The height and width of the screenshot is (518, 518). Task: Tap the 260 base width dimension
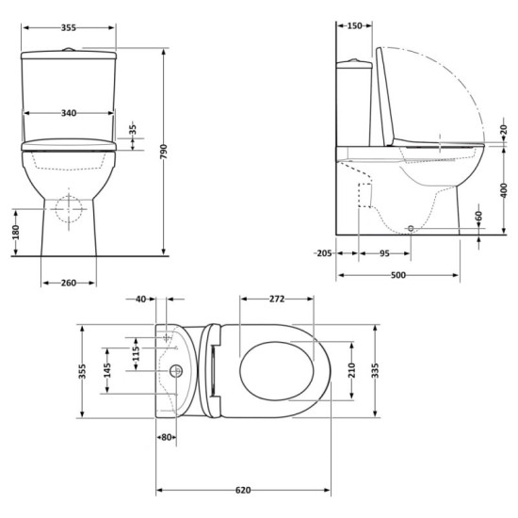click(68, 282)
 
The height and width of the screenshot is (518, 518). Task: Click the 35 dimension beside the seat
click(133, 129)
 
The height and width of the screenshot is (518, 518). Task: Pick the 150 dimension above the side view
click(355, 26)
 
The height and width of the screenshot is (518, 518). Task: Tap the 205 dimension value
click(323, 252)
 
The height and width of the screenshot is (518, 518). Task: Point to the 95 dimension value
click(384, 252)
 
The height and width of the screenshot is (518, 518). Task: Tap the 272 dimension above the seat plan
click(277, 299)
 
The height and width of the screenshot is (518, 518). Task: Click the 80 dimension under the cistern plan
click(166, 436)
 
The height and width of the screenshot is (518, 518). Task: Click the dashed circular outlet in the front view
click(68, 208)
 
